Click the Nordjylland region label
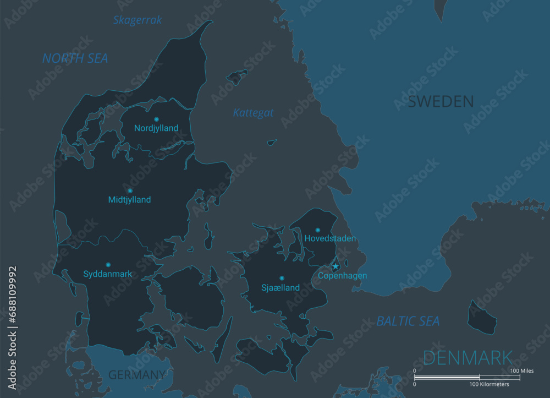click(x=156, y=128)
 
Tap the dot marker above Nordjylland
click(x=156, y=119)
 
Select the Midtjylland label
click(x=129, y=200)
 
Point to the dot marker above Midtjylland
click(x=130, y=191)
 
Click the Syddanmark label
click(x=108, y=274)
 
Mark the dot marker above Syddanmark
click(x=108, y=265)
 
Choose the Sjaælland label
click(x=280, y=287)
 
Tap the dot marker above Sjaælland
click(x=282, y=278)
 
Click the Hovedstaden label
click(x=330, y=239)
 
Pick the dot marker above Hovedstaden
click(x=317, y=230)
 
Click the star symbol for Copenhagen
click(x=335, y=266)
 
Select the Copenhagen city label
click(x=342, y=276)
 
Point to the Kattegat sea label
click(x=253, y=113)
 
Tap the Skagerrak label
click(x=137, y=20)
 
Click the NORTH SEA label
click(x=75, y=58)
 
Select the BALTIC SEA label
click(x=408, y=321)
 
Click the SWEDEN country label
click(x=441, y=101)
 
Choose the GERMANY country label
click(x=136, y=375)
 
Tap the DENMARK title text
click(x=468, y=358)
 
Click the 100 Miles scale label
click(x=522, y=371)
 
